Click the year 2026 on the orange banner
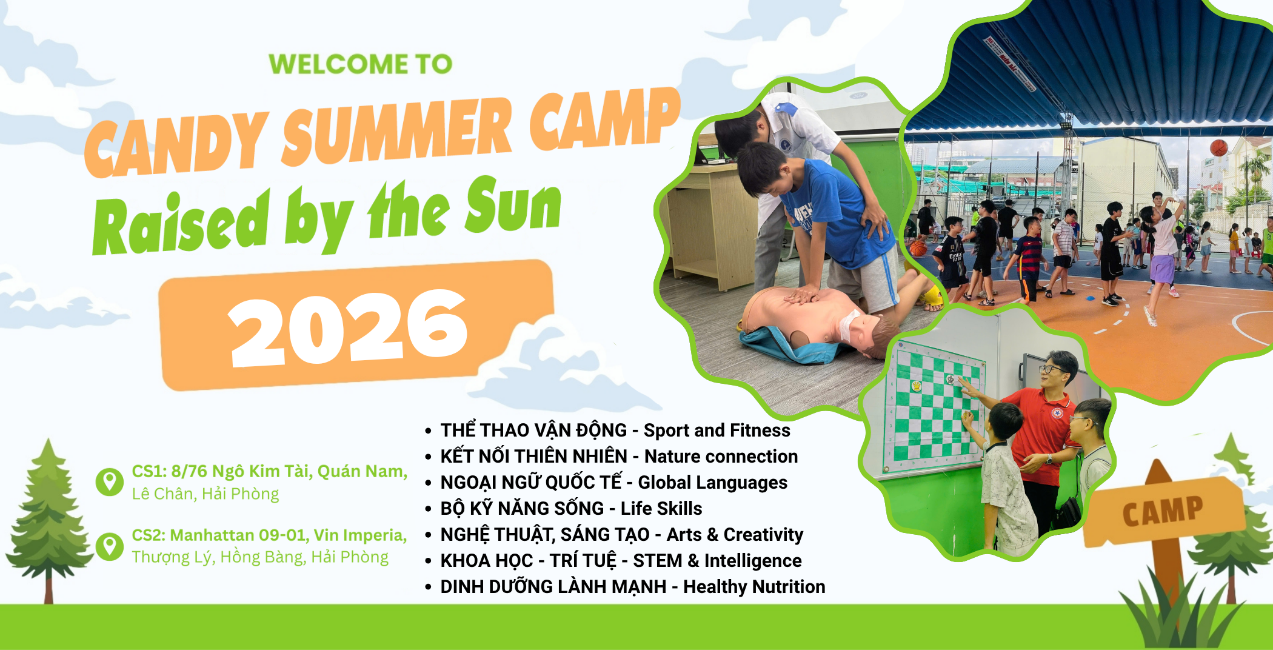click(x=349, y=327)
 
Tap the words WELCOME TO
click(x=361, y=64)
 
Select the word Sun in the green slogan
click(x=513, y=206)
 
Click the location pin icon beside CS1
click(x=110, y=482)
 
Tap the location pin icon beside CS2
click(x=110, y=546)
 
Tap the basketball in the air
click(x=1218, y=147)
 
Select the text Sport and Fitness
click(x=717, y=430)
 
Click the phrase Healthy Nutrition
click(x=754, y=586)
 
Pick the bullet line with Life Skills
click(x=564, y=508)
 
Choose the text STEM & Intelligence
click(x=717, y=560)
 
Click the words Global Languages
click(x=712, y=482)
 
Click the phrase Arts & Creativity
click(x=735, y=534)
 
